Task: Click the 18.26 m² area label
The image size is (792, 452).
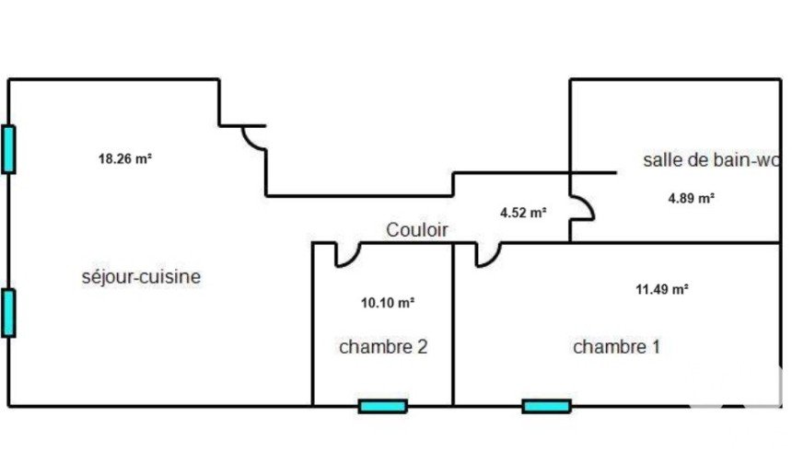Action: (125, 159)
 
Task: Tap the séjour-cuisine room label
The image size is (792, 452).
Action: (142, 277)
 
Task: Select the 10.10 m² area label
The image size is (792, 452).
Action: (388, 303)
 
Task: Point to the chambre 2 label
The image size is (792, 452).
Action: (383, 347)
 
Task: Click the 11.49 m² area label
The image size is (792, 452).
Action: (662, 289)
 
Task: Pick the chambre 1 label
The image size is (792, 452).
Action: (617, 347)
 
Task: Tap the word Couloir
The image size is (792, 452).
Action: (416, 230)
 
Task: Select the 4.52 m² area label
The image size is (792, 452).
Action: (523, 213)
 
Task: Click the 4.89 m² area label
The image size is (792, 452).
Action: (691, 199)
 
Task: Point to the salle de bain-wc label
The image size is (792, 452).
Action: (712, 160)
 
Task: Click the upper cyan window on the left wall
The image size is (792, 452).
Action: (8, 149)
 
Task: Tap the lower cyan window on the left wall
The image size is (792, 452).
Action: (8, 313)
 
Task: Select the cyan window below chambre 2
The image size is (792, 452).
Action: (383, 406)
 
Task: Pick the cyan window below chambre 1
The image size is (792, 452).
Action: (546, 406)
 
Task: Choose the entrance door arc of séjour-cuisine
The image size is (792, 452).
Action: (250, 142)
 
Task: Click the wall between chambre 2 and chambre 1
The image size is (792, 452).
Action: (453, 325)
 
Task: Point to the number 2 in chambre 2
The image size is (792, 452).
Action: (423, 347)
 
